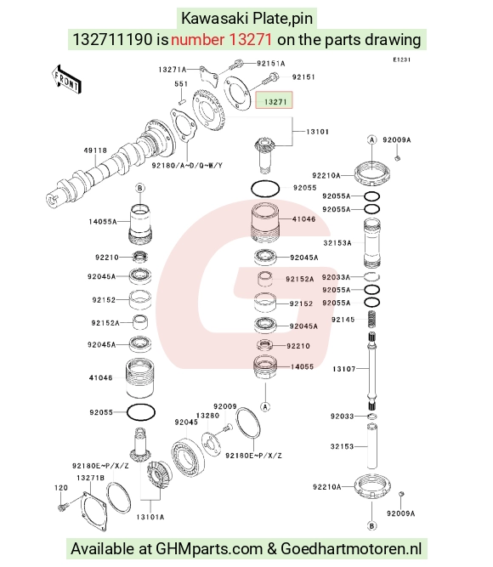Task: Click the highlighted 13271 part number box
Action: (x=274, y=100)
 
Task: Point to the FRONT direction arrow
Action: (x=66, y=80)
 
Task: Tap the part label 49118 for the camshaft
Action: (x=95, y=150)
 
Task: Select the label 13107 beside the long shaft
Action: (x=344, y=369)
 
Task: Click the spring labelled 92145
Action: (x=371, y=320)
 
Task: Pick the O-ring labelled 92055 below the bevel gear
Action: (x=265, y=189)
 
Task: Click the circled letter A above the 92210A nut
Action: (x=371, y=139)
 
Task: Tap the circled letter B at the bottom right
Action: (x=371, y=526)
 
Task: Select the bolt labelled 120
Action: (x=61, y=507)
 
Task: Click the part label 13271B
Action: (x=90, y=478)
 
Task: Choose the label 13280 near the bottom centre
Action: (x=207, y=416)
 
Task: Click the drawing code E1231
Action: (x=402, y=60)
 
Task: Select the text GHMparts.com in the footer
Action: (x=209, y=548)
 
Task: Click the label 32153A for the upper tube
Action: (x=337, y=243)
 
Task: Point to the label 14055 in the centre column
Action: (x=302, y=366)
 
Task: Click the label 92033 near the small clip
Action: (x=342, y=417)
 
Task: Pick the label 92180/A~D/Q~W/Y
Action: (x=187, y=165)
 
